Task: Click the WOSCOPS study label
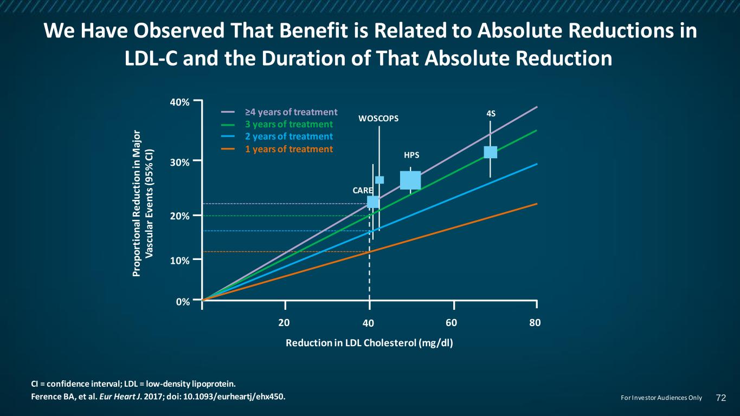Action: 378,119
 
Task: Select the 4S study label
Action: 491,114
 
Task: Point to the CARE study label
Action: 362,191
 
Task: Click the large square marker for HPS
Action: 410,180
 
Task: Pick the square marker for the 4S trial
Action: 490,152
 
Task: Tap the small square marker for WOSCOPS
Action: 379,180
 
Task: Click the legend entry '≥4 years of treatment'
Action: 291,112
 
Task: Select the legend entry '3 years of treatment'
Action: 288,125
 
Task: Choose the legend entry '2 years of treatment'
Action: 288,136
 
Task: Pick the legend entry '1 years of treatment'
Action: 288,149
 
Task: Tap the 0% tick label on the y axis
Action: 183,302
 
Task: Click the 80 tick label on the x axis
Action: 536,322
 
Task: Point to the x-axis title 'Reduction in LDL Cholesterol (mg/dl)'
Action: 369,343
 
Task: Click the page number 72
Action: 720,398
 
